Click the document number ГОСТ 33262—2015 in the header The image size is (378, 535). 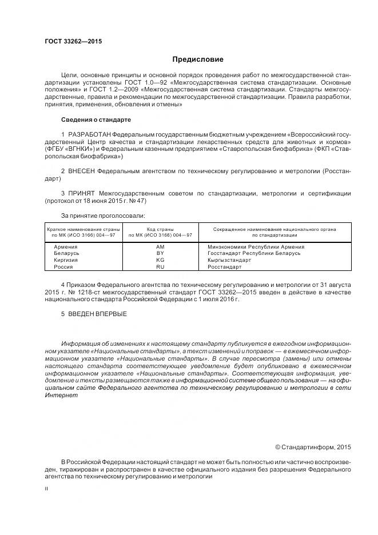click(69, 42)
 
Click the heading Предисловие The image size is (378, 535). click(198, 59)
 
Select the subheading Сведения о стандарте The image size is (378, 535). click(96, 120)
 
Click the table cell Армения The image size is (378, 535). click(66, 246)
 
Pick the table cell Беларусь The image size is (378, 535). click(66, 253)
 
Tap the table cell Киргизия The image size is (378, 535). click(66, 260)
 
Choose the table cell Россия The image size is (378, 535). click(63, 267)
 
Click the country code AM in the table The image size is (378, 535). click(160, 246)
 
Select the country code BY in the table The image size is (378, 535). click(160, 253)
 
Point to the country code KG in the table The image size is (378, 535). click(160, 260)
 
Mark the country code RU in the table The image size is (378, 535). click(160, 267)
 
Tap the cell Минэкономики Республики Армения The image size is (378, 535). click(252, 246)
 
